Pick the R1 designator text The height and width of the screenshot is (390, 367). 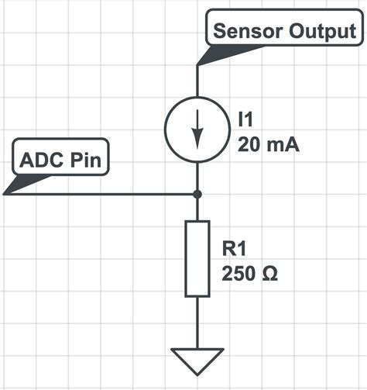[x=234, y=248]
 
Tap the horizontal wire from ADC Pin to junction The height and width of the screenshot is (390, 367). [x=101, y=194]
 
